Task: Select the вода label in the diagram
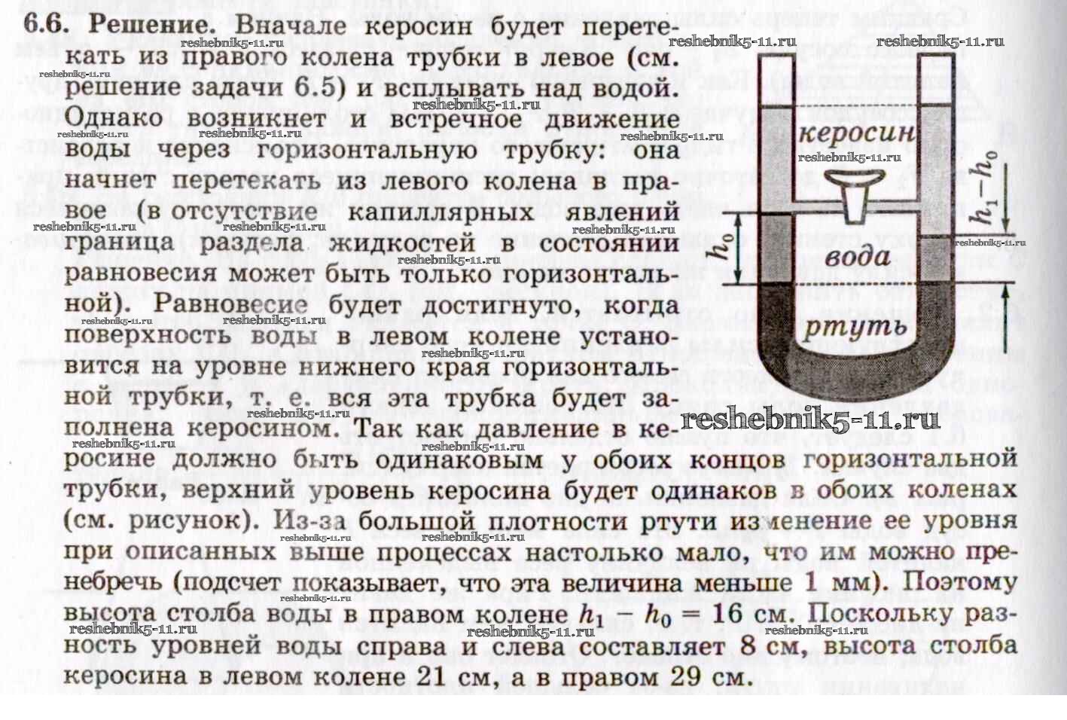click(x=858, y=258)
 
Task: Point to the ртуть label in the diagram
click(x=855, y=327)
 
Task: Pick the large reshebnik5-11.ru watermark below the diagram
click(x=810, y=420)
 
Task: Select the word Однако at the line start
click(x=114, y=118)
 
